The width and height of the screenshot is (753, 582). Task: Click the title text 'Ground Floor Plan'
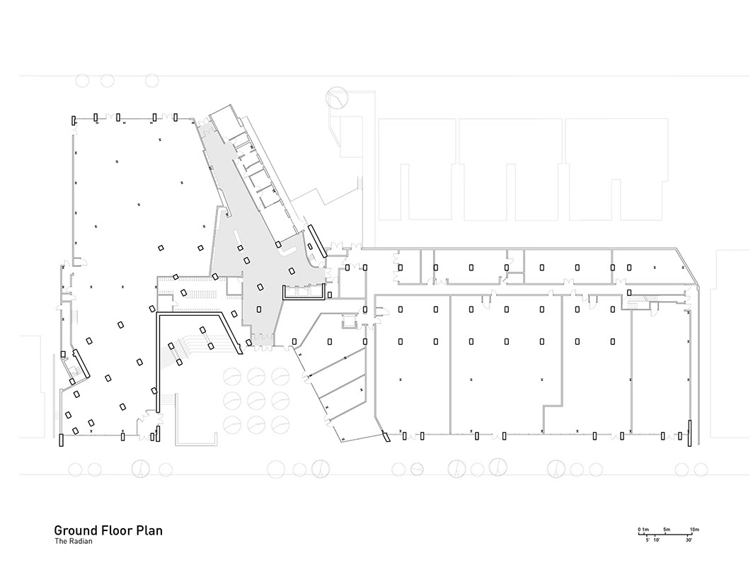(x=108, y=530)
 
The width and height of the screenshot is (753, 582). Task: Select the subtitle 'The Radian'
(x=74, y=542)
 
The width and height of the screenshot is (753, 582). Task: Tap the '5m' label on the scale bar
(x=667, y=530)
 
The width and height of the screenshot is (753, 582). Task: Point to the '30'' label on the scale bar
(x=689, y=540)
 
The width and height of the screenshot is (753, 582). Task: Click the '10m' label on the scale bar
(x=694, y=530)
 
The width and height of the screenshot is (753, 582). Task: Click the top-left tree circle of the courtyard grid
(x=232, y=376)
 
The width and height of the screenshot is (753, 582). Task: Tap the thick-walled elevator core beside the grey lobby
(x=304, y=292)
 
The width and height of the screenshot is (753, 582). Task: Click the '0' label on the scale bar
(x=638, y=530)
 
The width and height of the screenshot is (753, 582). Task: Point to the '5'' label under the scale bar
(x=647, y=540)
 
